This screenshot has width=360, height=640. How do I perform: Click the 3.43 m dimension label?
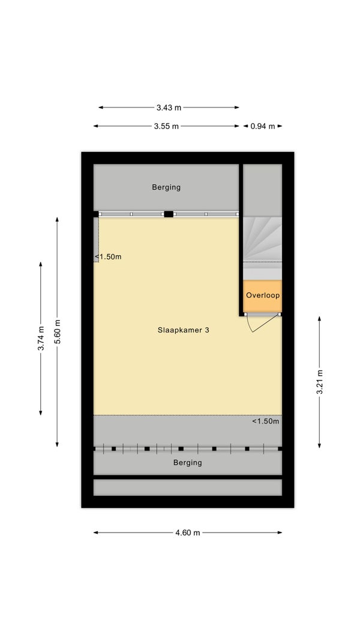169,108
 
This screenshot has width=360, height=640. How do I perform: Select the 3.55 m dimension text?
166,126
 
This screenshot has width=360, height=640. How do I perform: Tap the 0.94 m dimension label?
262,126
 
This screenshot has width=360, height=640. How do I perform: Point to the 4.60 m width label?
188,532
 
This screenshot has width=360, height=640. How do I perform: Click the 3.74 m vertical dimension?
40,338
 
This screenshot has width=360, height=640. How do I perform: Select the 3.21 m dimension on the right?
320,381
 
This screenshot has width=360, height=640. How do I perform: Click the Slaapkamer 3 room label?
183,330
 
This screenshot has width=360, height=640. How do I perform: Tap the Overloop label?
263,295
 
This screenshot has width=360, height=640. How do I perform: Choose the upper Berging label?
166,187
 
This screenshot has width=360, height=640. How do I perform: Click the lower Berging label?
187,462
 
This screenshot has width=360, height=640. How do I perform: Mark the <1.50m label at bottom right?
265,421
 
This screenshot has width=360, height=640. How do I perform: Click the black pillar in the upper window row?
169,214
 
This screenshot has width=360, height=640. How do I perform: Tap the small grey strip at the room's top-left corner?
96,237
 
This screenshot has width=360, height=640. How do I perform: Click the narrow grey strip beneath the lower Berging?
187,487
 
